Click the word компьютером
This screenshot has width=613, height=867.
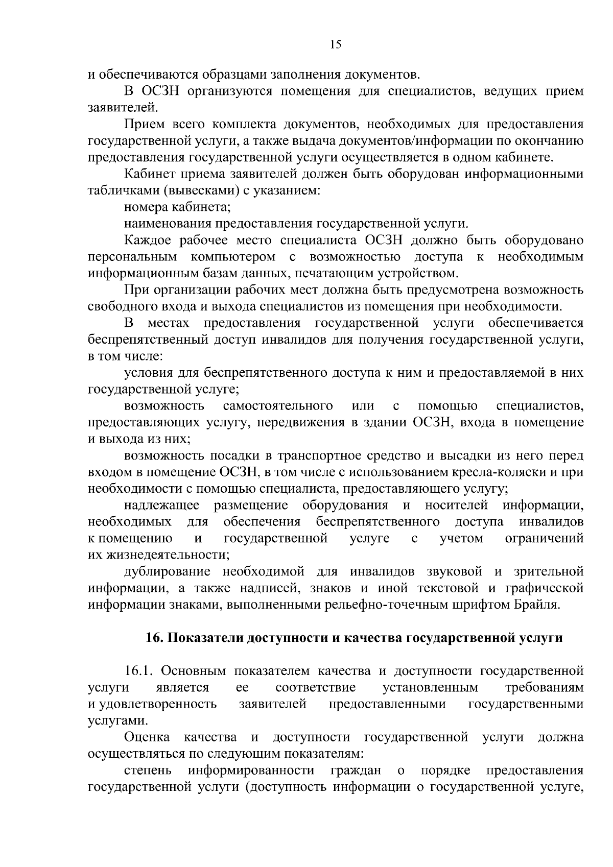[233, 256]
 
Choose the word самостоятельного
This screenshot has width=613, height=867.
[278, 406]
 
